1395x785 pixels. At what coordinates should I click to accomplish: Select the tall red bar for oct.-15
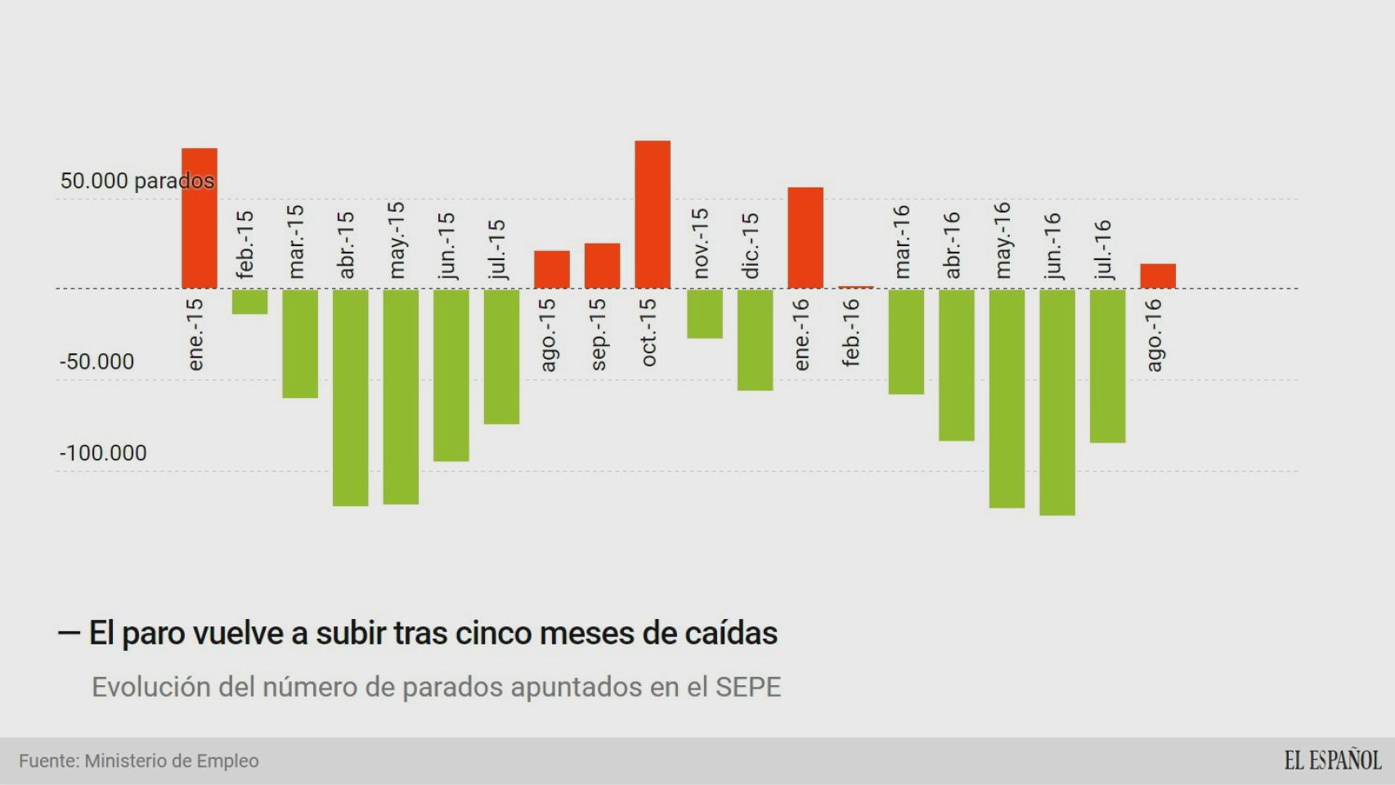653,214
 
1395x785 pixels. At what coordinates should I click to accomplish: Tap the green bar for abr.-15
350,397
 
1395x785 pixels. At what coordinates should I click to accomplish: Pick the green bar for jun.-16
1057,401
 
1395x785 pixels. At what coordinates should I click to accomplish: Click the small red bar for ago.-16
1158,276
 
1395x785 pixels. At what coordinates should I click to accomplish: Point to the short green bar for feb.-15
249,302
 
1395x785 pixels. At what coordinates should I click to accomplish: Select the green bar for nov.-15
704,313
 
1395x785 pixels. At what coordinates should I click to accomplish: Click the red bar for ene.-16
805,238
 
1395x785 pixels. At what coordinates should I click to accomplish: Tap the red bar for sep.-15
602,266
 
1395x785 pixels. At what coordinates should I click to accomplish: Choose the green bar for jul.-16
1107,366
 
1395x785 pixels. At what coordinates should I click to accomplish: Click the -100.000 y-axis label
103,453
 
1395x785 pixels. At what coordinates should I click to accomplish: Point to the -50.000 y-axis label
96,361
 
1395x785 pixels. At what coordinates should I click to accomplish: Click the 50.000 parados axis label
137,181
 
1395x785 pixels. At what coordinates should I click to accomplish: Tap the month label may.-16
1003,240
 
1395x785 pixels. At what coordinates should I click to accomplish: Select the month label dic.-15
751,245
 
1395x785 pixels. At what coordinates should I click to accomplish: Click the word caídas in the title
732,633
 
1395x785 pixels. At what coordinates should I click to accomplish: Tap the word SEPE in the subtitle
747,687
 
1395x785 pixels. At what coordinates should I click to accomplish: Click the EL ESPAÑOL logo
1332,760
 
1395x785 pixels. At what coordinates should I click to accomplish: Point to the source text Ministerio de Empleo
172,761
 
